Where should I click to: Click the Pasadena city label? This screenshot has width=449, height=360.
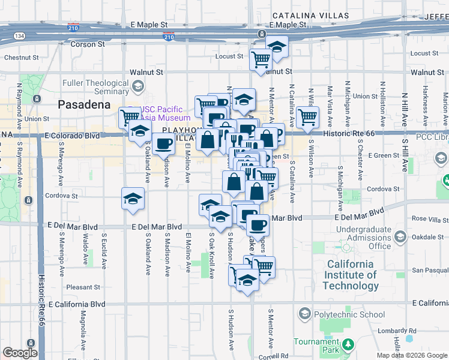point(84,104)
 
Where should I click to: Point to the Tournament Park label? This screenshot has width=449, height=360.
point(316,346)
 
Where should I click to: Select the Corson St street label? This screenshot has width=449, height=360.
point(88,44)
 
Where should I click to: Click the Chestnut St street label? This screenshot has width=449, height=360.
point(21,58)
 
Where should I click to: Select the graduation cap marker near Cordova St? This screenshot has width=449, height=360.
point(133,197)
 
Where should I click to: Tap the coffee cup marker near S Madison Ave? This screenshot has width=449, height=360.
point(163,143)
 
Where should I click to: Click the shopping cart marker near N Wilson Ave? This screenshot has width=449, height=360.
point(307,116)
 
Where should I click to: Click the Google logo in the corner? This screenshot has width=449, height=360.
point(20,353)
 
